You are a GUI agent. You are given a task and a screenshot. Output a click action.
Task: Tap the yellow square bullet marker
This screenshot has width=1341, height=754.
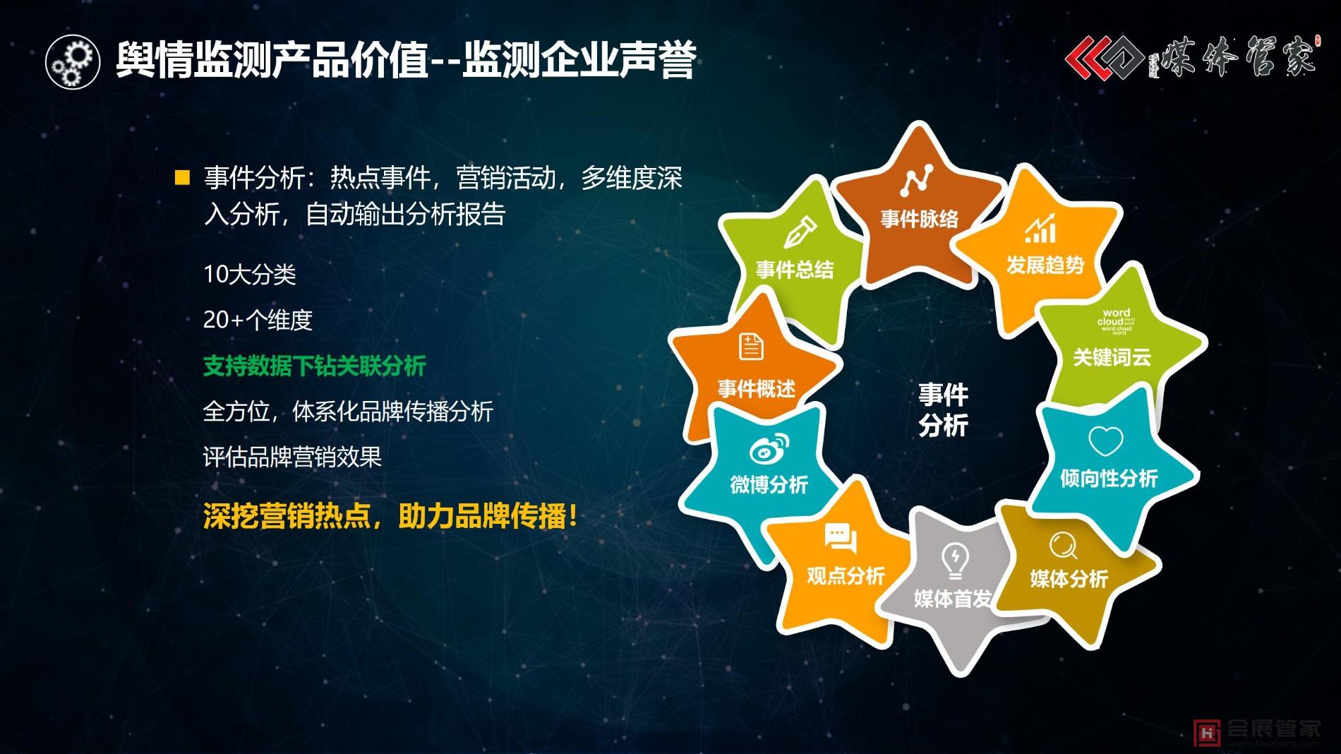click(x=183, y=177)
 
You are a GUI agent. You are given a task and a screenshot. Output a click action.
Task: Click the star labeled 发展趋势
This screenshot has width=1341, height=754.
click(x=1044, y=254)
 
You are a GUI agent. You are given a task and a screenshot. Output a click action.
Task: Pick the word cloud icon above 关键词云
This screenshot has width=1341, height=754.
click(x=1116, y=321)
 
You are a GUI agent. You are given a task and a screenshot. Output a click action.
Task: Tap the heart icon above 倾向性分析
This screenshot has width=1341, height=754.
click(x=1105, y=442)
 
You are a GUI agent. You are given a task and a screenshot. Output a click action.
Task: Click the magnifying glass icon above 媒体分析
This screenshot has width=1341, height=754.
click(x=1062, y=545)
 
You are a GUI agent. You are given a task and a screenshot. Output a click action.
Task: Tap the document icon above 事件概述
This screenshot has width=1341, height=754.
click(x=751, y=347)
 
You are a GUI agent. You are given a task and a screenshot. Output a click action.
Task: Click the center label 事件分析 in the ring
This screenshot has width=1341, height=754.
click(x=943, y=409)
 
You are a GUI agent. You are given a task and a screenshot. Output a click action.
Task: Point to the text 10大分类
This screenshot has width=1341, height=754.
click(x=250, y=275)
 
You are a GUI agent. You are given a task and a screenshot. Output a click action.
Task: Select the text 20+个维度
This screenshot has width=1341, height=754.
click(x=258, y=321)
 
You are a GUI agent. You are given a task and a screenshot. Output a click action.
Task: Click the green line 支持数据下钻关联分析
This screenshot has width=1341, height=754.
click(x=315, y=366)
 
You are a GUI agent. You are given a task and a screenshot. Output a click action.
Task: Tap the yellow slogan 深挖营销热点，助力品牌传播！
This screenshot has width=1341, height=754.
click(x=390, y=516)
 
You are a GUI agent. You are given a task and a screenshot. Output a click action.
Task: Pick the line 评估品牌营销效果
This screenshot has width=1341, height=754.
click(x=292, y=457)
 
